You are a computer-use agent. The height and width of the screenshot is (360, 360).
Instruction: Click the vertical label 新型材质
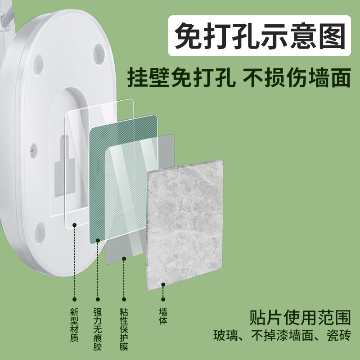pos(74,324)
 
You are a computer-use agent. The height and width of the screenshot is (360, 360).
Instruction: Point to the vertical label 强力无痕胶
pos(98,329)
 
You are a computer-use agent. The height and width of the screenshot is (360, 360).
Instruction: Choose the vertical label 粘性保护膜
pos(124,329)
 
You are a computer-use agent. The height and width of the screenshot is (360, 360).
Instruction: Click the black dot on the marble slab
pos(163,284)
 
